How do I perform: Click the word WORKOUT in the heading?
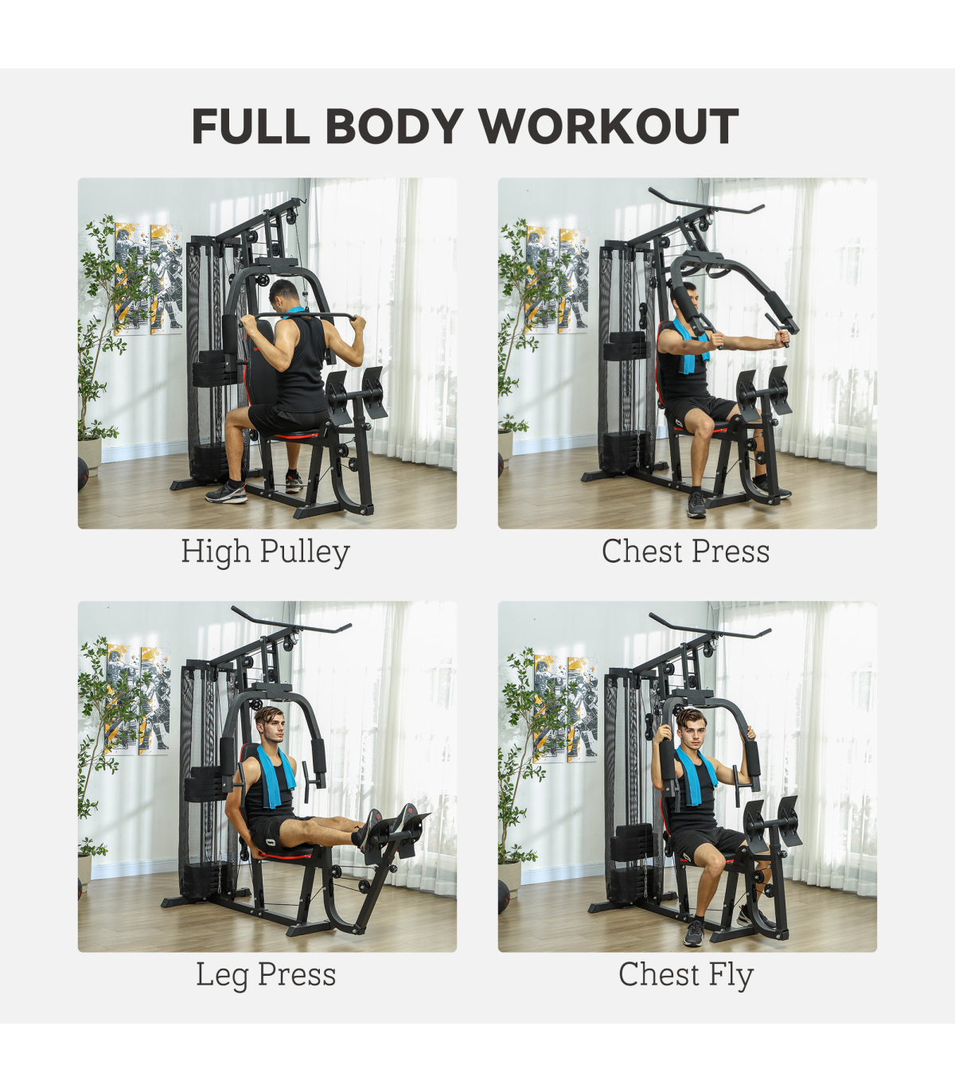[x=608, y=126]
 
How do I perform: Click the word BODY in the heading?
[x=394, y=126]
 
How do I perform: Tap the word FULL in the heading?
[x=251, y=126]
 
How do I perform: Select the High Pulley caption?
[x=266, y=552]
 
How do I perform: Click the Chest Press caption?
[x=685, y=552]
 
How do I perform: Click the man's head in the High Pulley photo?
[x=285, y=296]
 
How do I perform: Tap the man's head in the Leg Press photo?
[x=271, y=725]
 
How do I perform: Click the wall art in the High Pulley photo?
[x=148, y=279]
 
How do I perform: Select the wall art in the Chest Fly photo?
[x=565, y=708]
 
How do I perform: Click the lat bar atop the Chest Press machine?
[x=706, y=201]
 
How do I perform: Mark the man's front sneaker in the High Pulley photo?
[x=227, y=492]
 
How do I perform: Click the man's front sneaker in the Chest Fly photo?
[x=694, y=932]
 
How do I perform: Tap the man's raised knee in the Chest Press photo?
[x=704, y=425]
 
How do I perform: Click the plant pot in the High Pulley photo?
[x=90, y=455]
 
